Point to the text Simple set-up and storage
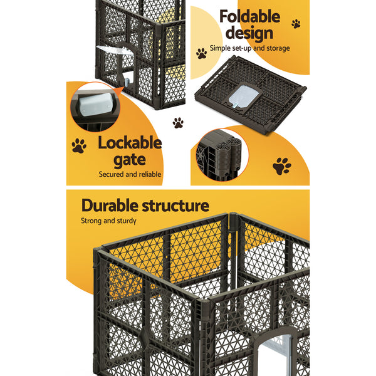249,48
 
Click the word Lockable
129,144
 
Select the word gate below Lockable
130,160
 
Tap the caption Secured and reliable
130,175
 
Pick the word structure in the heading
179,206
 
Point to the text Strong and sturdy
109,221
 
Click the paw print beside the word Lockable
79,146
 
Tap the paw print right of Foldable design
296,24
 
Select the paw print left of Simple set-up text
201,53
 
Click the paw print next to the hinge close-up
282,166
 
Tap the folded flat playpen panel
258,95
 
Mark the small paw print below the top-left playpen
179,123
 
